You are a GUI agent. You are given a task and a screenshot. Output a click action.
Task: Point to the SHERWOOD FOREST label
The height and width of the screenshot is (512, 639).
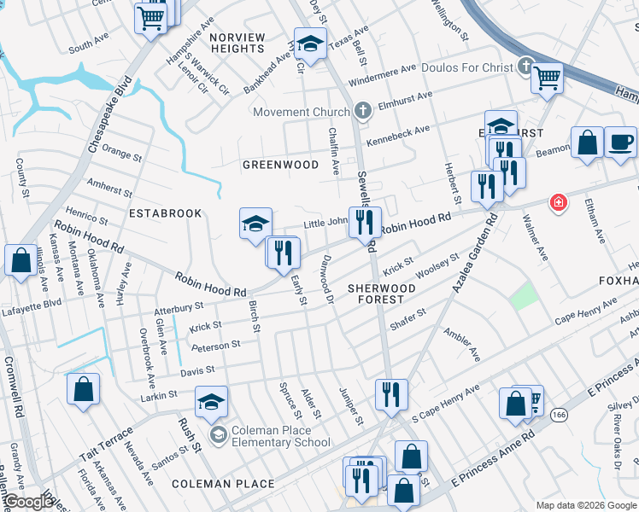point(381,294)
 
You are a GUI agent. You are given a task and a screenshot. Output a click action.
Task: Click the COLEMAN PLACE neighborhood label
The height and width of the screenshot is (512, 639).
point(223,484)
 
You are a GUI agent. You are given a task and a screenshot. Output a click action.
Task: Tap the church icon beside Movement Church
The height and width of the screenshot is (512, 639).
point(362,112)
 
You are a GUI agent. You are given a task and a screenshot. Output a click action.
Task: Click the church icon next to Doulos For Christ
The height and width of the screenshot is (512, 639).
point(526,67)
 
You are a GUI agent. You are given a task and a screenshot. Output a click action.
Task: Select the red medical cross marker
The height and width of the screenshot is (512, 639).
point(558,203)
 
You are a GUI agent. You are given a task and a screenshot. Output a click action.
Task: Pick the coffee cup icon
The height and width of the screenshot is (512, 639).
point(621,141)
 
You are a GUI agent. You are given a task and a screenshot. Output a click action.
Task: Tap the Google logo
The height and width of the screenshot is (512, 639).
point(27,502)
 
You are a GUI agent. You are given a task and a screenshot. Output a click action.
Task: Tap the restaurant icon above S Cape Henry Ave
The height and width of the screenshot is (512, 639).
point(391,393)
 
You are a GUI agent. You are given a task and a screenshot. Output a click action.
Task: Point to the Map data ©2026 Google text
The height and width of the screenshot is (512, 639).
point(585,505)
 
